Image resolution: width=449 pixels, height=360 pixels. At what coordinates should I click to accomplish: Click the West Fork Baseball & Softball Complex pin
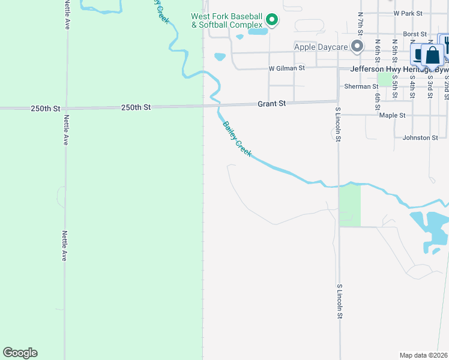[272, 20]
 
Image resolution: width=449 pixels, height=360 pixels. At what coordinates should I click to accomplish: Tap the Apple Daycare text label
[321, 46]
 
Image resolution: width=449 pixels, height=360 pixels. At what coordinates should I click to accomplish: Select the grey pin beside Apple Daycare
[358, 46]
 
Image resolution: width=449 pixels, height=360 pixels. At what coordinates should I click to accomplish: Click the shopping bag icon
[432, 55]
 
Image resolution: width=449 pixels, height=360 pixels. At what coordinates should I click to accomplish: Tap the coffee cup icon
[418, 55]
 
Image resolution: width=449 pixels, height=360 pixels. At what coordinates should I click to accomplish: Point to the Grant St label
[271, 104]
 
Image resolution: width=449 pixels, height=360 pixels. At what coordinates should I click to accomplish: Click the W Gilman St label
[287, 68]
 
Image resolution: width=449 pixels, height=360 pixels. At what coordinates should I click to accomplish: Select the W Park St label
[408, 13]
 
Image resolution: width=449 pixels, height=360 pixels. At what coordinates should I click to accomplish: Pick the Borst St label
[415, 34]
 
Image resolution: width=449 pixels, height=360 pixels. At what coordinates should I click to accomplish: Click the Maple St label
[393, 115]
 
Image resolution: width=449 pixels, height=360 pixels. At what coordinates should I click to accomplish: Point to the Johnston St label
[420, 137]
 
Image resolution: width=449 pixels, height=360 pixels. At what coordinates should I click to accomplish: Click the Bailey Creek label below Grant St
[237, 139]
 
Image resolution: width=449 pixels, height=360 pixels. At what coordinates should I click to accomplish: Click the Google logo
[20, 353]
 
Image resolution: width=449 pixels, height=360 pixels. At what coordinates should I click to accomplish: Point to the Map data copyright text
[424, 355]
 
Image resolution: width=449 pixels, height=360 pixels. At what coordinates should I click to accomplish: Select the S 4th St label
[412, 86]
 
